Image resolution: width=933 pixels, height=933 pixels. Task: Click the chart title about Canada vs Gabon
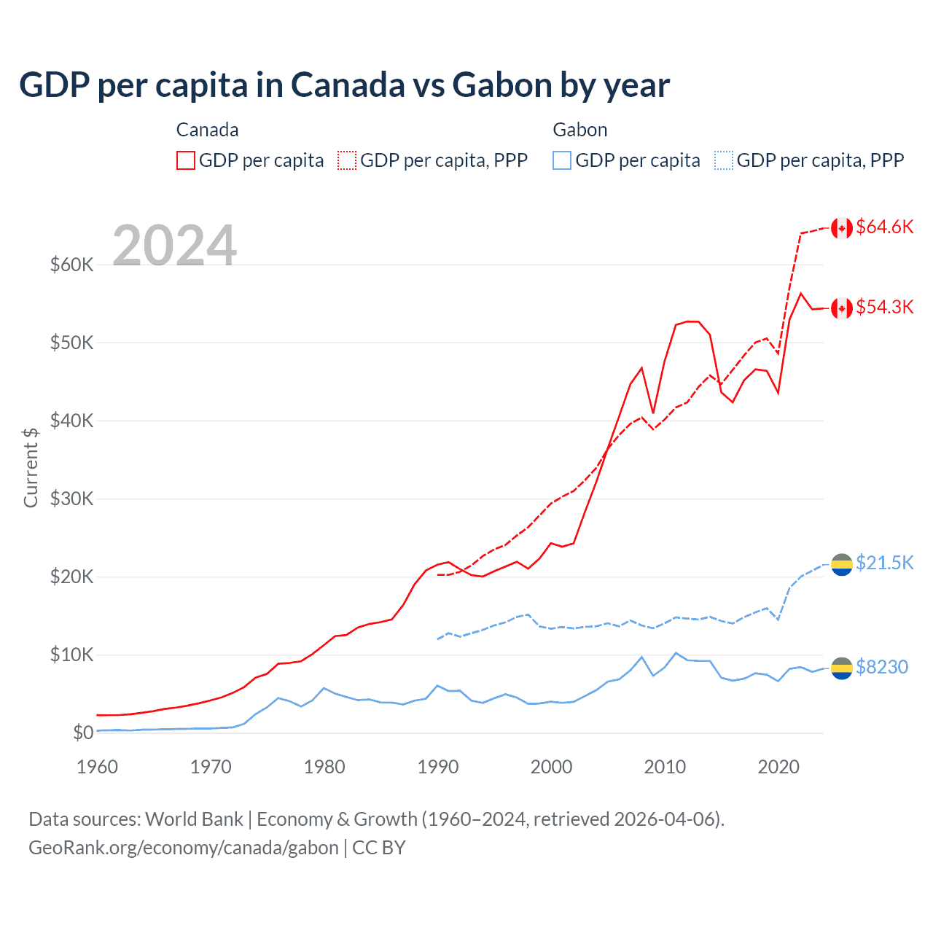344,85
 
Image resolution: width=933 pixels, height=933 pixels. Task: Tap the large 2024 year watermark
174,246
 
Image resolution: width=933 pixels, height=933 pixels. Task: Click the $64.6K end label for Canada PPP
884,227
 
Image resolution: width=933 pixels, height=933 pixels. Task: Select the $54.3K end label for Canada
884,308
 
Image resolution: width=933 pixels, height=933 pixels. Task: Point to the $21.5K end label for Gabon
884,563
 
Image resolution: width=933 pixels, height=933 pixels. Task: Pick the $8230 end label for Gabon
881,668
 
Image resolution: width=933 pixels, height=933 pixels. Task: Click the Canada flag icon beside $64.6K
842,228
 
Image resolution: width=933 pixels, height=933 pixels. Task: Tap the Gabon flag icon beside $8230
842,668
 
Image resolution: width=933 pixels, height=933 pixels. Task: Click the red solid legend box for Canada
186,160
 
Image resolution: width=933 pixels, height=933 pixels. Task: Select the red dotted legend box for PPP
347,160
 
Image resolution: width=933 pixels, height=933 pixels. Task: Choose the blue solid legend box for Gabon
562,160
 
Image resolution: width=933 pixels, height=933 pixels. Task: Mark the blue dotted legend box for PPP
724,160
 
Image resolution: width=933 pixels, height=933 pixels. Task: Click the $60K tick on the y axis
71,265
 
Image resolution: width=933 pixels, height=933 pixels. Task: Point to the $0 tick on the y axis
83,733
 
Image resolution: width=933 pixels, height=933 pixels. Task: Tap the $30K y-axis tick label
71,499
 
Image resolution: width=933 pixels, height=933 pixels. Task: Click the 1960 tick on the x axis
97,767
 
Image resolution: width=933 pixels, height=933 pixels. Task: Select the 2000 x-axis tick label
551,767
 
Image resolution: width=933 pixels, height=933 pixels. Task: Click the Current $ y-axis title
31,467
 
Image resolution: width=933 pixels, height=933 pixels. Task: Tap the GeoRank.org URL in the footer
184,848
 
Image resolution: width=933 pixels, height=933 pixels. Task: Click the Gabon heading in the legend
579,130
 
